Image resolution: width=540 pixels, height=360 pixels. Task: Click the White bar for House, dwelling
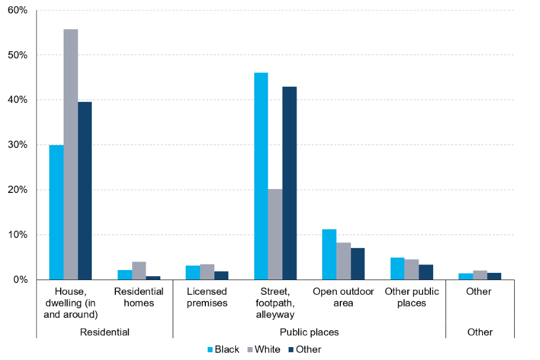click(71, 154)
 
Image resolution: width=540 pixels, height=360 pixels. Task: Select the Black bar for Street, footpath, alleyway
click(261, 176)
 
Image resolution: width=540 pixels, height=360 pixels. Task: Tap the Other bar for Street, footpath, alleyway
click(290, 183)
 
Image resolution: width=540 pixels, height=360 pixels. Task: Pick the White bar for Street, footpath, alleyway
click(275, 234)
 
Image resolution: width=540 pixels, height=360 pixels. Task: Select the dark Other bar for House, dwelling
click(85, 191)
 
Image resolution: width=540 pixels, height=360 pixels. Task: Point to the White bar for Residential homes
click(139, 271)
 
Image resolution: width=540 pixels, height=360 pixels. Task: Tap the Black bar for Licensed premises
click(192, 272)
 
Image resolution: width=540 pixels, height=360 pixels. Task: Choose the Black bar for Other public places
click(398, 268)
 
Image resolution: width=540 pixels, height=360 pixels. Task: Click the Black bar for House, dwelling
click(56, 212)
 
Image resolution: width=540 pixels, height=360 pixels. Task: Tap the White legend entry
click(265, 349)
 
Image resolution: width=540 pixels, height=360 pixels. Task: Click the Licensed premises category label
click(207, 297)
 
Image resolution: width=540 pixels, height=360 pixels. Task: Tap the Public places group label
click(309, 332)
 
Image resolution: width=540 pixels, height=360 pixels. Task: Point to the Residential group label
click(105, 332)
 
